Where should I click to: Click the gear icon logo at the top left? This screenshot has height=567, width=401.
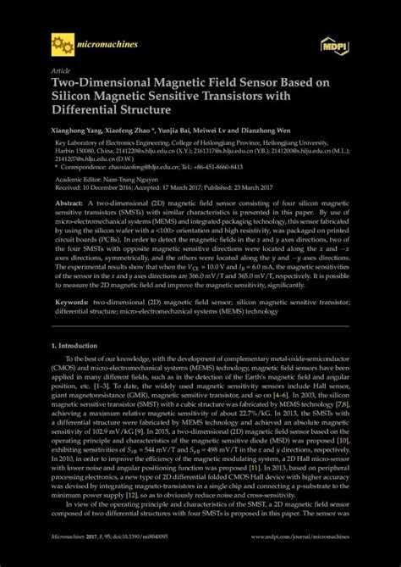tap(62, 42)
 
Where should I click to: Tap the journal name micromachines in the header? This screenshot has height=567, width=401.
tap(105, 41)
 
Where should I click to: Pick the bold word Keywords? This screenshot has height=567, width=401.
tap(72, 301)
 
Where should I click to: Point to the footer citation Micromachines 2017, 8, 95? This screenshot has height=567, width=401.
tap(85, 560)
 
